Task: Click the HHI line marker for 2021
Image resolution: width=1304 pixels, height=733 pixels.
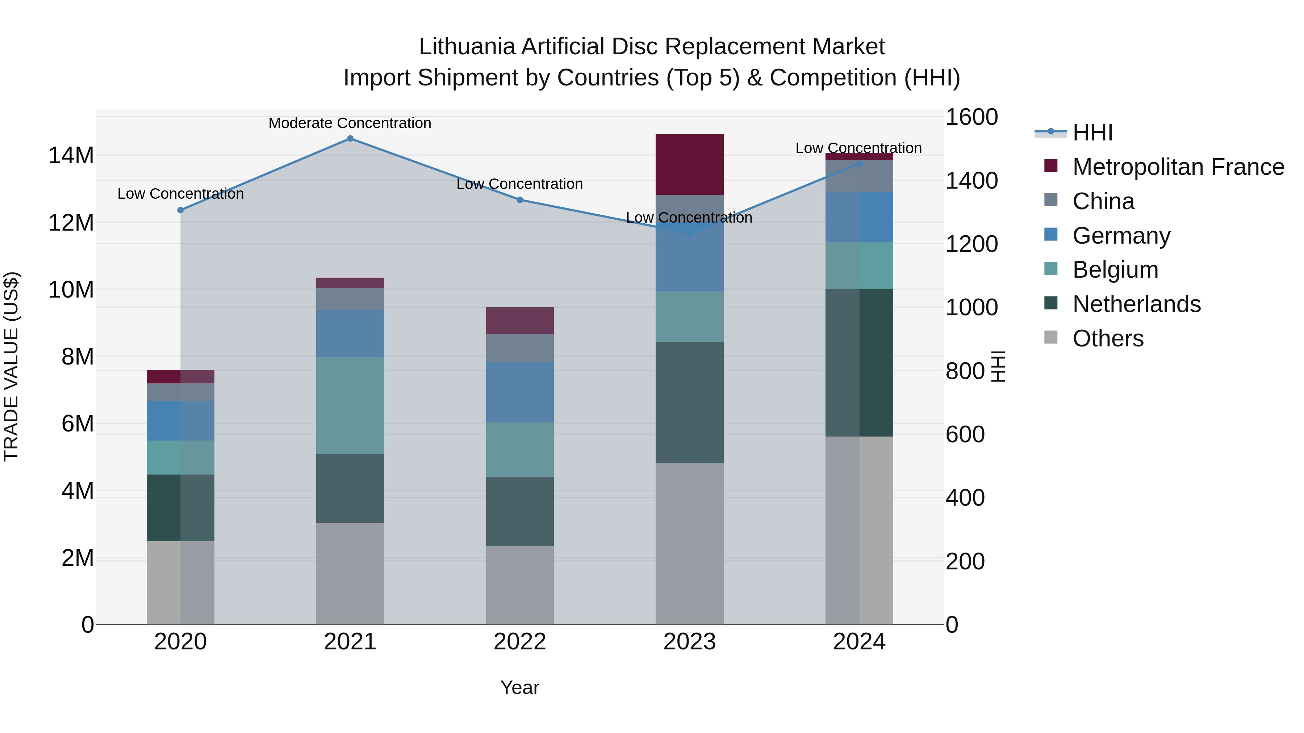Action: (x=350, y=139)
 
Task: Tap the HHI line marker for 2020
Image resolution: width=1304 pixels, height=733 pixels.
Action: (x=181, y=210)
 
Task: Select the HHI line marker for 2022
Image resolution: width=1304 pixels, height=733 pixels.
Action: (x=519, y=200)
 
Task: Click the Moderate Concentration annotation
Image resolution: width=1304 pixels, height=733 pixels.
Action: (x=350, y=123)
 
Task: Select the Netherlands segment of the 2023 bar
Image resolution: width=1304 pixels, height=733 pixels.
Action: (x=689, y=402)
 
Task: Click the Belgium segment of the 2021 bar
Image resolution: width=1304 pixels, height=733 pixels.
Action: (x=350, y=406)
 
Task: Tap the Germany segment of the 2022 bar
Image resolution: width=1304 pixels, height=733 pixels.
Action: (x=519, y=392)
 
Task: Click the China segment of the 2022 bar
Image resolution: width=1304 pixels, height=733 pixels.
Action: (x=519, y=347)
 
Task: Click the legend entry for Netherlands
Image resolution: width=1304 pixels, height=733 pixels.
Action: (x=1136, y=304)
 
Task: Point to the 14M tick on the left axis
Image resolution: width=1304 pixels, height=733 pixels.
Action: (x=71, y=155)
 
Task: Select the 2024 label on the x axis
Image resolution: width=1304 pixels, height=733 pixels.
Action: (x=859, y=642)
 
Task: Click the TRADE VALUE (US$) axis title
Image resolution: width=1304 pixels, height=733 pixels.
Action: (x=12, y=366)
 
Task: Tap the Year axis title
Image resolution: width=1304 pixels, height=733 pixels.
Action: (x=519, y=687)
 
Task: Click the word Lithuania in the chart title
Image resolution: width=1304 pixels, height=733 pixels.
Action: (x=467, y=47)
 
